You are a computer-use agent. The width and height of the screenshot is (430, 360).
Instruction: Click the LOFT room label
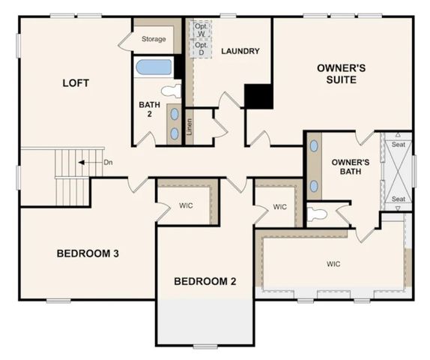(x=75, y=82)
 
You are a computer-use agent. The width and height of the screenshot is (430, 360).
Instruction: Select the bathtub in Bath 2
(x=154, y=67)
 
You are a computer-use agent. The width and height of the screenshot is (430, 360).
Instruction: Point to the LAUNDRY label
(x=240, y=51)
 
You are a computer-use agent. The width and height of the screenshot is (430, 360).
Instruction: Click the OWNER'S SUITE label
(x=341, y=73)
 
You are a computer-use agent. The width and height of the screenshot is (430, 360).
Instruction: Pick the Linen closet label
(x=189, y=126)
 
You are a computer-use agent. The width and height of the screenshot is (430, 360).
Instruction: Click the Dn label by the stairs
(x=108, y=161)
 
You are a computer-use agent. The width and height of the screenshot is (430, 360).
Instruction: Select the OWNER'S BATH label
(x=351, y=167)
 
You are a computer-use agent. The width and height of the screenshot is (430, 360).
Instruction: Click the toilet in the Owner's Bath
(x=318, y=214)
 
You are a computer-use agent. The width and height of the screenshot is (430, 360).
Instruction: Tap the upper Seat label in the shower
(x=399, y=144)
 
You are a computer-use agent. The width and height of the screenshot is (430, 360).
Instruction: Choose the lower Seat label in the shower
(x=399, y=199)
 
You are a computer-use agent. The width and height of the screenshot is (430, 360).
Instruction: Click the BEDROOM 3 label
(x=88, y=253)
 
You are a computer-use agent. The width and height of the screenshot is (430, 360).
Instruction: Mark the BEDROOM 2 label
(x=205, y=281)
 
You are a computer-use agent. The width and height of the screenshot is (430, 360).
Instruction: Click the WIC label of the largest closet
(x=333, y=264)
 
